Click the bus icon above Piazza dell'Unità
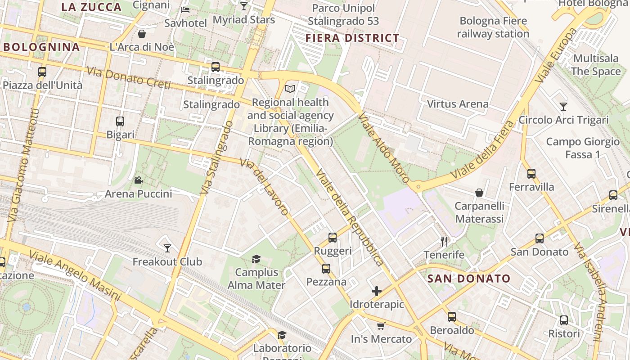tap(42, 72)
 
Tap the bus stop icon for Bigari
tap(120, 121)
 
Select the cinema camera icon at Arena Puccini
tap(138, 180)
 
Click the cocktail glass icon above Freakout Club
tap(167, 248)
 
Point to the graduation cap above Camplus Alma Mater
tap(256, 259)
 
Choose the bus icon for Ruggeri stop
tap(333, 237)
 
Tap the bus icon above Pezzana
tap(326, 269)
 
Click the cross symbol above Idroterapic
tap(377, 291)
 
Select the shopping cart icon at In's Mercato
tap(381, 326)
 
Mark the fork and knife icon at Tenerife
tap(444, 241)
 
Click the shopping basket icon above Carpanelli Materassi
tap(479, 193)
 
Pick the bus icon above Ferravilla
tap(531, 173)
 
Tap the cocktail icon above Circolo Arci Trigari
tap(563, 106)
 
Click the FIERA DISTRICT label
tap(352, 38)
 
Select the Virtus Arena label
tap(457, 104)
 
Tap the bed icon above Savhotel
tap(185, 9)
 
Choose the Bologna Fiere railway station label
tap(493, 27)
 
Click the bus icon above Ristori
tap(564, 320)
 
